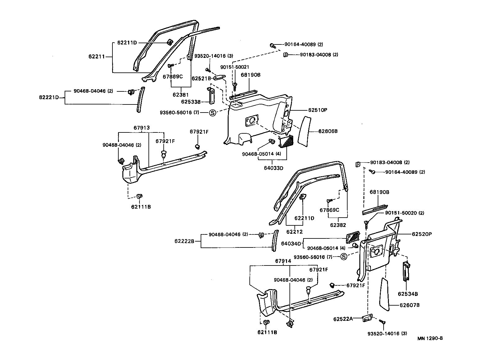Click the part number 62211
coord(96,57)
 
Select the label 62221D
coord(49,97)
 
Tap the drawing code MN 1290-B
coord(430,339)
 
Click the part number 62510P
coord(318,110)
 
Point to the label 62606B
coord(328,131)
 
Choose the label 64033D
coord(274,168)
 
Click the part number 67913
coord(142,127)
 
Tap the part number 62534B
coord(408,294)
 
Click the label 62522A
coord(343,319)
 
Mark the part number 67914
coord(283,261)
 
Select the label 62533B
coord(191,102)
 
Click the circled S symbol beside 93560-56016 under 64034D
coord(344,257)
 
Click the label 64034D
coord(291,243)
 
